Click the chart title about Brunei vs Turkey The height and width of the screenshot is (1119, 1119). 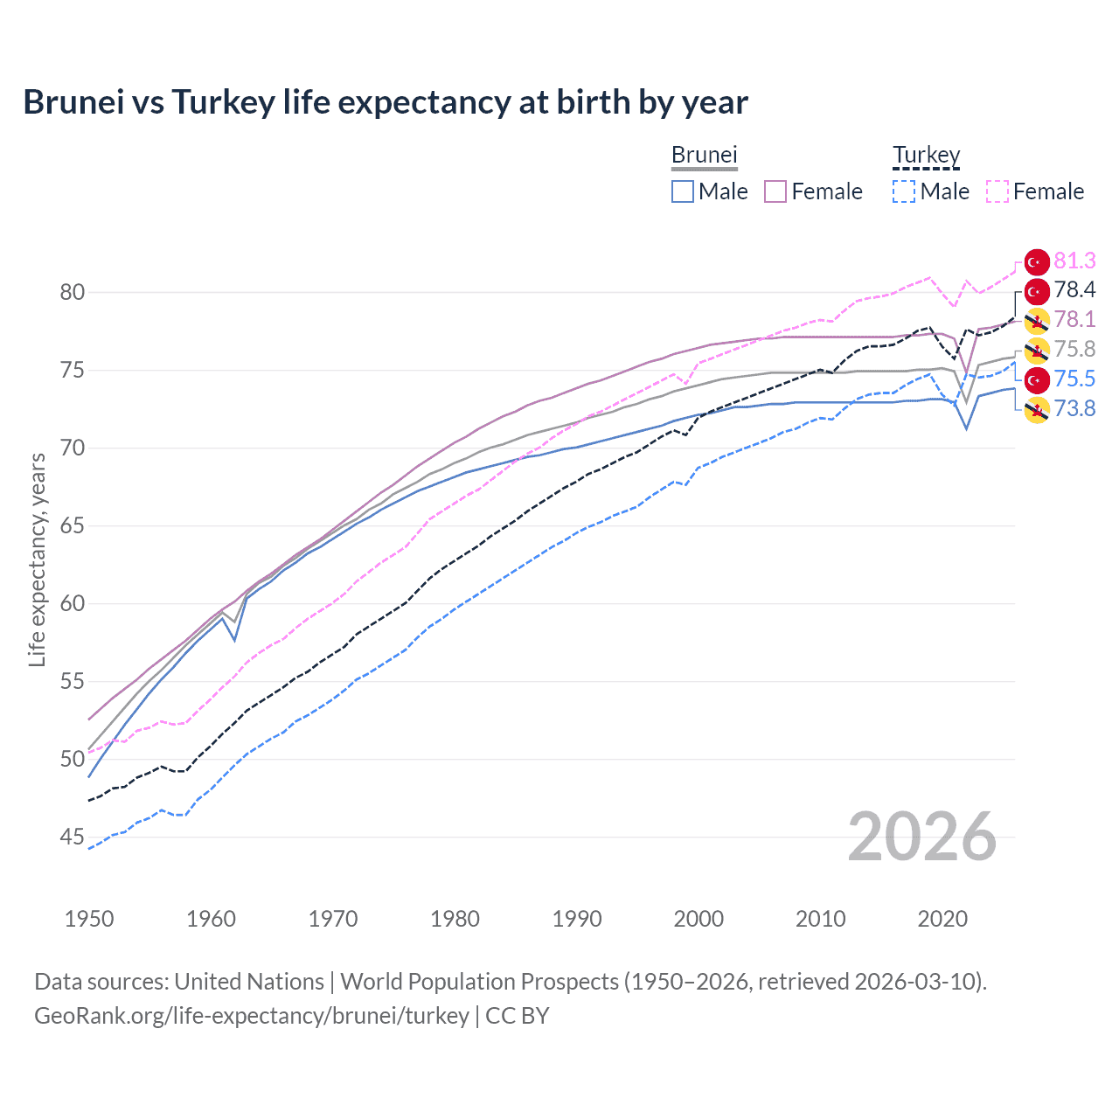coord(386,102)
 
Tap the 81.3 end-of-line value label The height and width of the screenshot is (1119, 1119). coord(1074,261)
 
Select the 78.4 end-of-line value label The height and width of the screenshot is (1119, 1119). coord(1074,290)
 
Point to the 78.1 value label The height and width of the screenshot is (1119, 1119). coord(1074,320)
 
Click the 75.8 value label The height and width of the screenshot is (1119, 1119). coord(1074,350)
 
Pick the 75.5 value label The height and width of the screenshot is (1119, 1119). coord(1074,379)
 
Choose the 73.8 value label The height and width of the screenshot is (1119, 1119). coord(1074,408)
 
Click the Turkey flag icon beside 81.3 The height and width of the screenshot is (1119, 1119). coord(1037,261)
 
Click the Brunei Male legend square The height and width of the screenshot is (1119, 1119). coord(683,191)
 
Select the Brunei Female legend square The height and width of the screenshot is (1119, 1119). coord(775,191)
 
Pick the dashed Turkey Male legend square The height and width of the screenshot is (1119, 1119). coord(904,191)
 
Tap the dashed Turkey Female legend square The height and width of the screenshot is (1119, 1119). coord(997,191)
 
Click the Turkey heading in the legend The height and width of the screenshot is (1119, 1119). coord(926,156)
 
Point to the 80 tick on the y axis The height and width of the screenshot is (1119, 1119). coord(73,292)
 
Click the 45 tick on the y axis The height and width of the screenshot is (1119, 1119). coord(73,837)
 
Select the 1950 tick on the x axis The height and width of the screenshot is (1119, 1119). coord(89,919)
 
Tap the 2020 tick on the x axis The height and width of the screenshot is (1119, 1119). coord(942,919)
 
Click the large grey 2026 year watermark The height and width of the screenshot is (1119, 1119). coord(921,837)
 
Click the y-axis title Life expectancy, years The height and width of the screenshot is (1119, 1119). coord(37,559)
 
